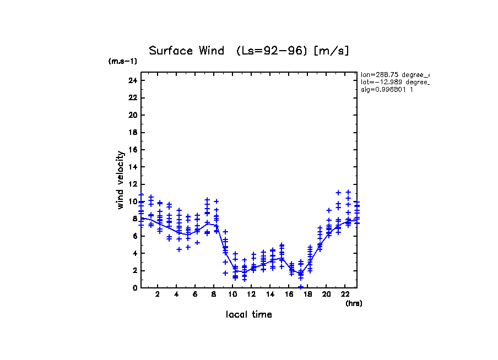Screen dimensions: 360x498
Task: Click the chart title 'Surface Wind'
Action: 186,51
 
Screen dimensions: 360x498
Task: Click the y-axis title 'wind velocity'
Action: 121,180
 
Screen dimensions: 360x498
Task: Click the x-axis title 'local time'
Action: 249,314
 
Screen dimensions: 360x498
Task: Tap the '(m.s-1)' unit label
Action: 122,62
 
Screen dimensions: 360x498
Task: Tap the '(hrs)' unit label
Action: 354,303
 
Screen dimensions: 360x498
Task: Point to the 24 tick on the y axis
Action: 132,80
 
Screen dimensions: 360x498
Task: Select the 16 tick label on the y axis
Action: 132,150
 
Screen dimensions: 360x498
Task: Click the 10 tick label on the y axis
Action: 132,201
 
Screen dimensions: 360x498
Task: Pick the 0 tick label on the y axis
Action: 134,288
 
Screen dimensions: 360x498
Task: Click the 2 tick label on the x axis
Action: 158,294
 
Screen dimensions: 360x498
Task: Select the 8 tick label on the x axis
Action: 214,294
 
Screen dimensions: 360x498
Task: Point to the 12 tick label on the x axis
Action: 251,294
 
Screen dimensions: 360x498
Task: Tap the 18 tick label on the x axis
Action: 307,294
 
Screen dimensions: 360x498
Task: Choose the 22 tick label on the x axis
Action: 345,294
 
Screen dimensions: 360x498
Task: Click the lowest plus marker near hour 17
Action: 301,287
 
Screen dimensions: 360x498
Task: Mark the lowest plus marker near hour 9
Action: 225,273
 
